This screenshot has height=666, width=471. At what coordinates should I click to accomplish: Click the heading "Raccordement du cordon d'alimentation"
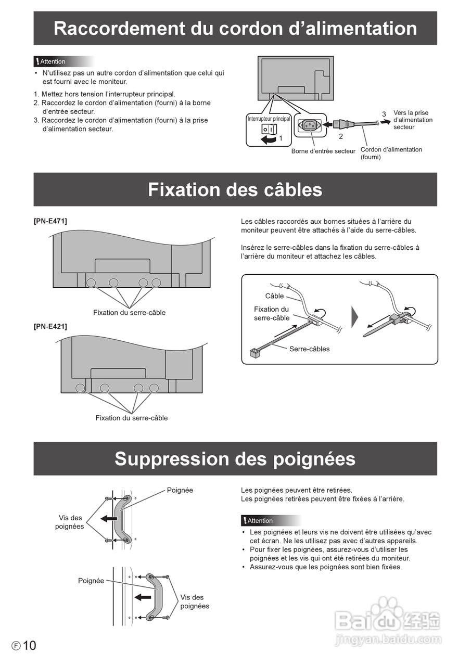tap(235, 28)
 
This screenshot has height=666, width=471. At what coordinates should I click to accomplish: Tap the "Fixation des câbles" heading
tap(235, 189)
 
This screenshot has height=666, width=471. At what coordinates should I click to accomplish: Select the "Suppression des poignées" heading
tap(235, 459)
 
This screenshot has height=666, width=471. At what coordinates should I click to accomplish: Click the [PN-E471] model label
tap(50, 221)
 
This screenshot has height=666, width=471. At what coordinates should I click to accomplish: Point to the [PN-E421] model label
tap(50, 327)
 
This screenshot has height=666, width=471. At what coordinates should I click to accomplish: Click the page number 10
tap(30, 646)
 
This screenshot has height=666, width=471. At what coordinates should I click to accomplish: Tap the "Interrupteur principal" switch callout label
tap(269, 119)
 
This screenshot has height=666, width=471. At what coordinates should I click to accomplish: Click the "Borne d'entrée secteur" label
tap(323, 151)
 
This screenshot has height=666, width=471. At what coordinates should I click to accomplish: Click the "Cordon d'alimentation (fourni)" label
tap(391, 153)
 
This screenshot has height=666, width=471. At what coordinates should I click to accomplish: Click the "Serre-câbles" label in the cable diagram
tap(309, 349)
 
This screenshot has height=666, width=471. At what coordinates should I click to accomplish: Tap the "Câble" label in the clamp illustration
tap(274, 296)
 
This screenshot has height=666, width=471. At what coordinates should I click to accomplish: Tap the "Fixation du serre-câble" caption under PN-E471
tap(129, 313)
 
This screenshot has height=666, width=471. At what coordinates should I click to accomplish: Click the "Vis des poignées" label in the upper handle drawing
tap(70, 522)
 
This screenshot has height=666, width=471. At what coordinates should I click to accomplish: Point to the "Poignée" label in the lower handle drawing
tap(91, 581)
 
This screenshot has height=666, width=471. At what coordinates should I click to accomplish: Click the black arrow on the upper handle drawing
tap(109, 518)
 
